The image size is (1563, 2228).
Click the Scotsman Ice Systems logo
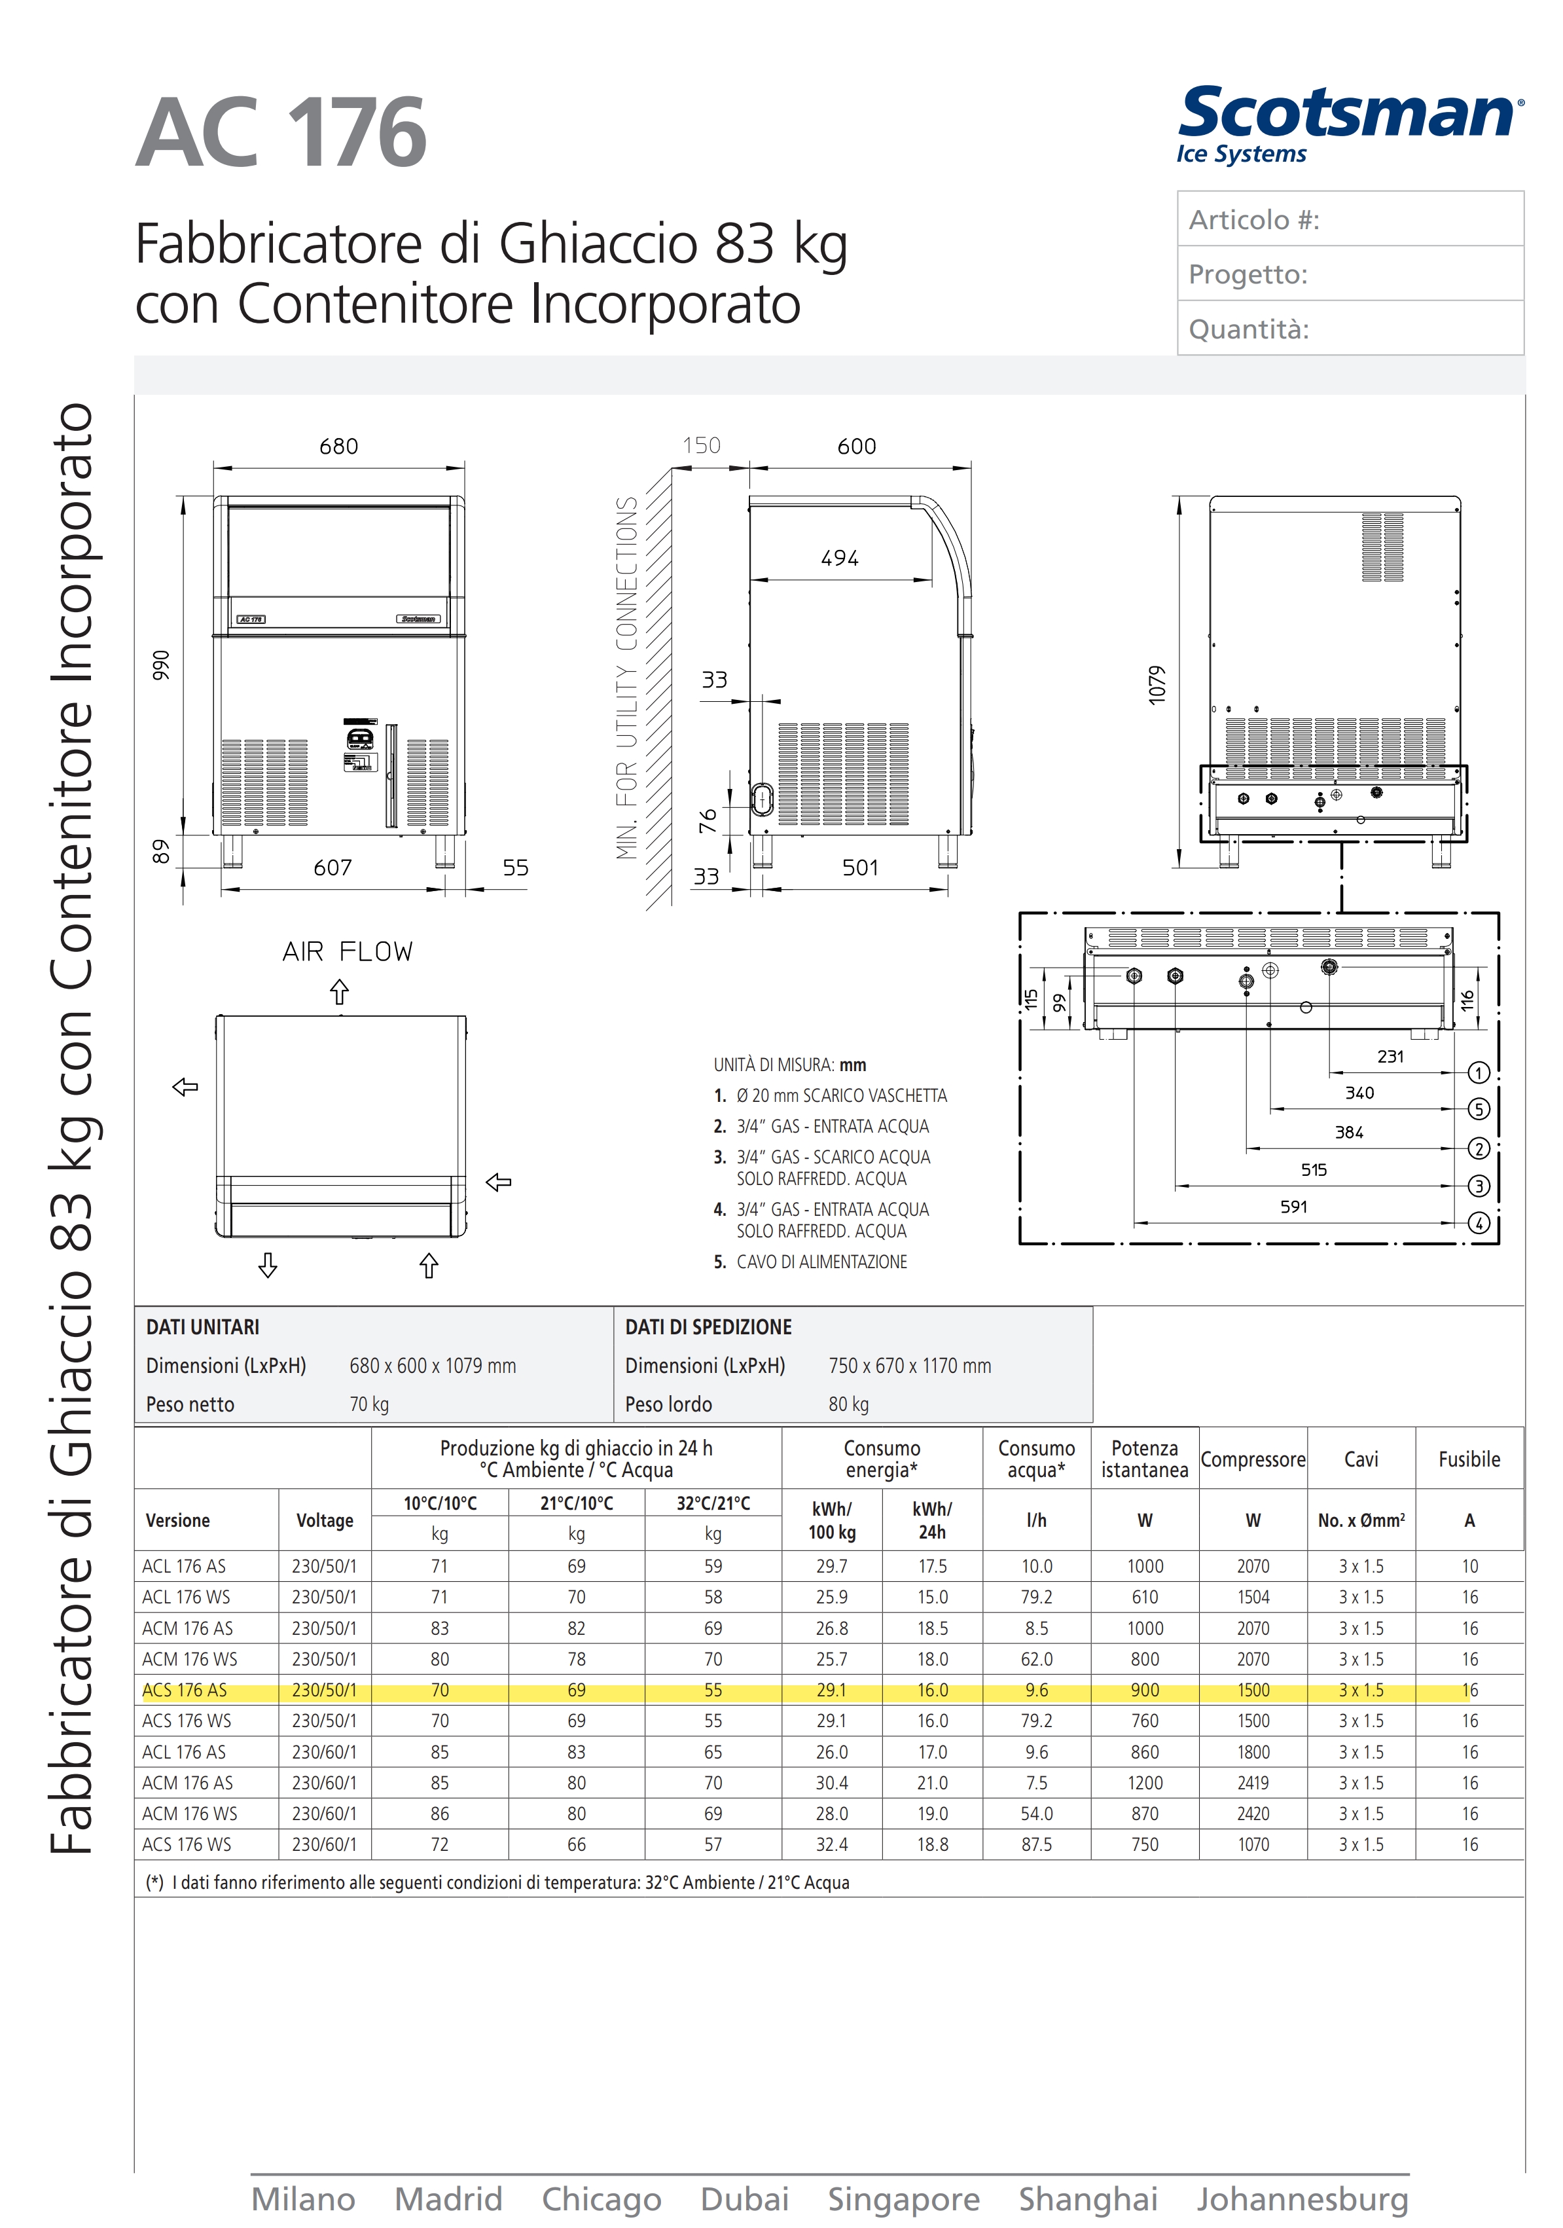tap(1348, 125)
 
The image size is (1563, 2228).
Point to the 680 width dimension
tap(338, 447)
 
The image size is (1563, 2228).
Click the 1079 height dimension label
tap(1157, 685)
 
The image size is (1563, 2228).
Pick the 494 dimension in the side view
tap(839, 558)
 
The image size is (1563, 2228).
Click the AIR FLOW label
tap(348, 951)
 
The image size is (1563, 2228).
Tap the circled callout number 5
tap(1478, 1109)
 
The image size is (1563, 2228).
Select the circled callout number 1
tap(1478, 1072)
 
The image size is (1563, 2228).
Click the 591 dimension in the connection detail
tap(1293, 1206)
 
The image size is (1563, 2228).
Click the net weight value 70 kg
tap(368, 1404)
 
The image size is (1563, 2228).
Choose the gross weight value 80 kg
tap(848, 1404)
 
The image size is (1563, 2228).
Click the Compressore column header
tap(1253, 1459)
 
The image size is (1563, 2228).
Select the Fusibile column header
tap(1469, 1459)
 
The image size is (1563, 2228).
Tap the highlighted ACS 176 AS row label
tap(185, 1689)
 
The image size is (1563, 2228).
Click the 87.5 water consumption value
tap(1036, 1844)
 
